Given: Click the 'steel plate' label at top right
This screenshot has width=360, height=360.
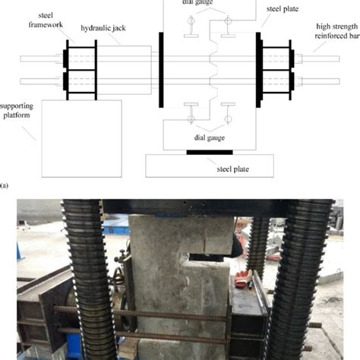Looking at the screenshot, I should (283, 11).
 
